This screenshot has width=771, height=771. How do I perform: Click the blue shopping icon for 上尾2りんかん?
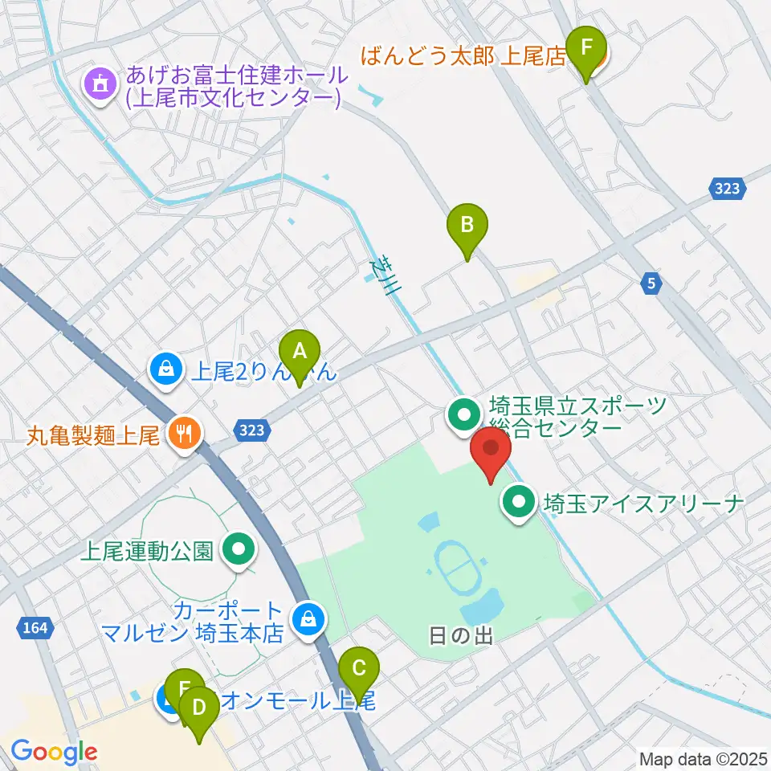click(165, 370)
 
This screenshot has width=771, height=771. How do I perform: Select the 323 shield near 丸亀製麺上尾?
click(251, 430)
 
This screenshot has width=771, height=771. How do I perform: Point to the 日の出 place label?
click(460, 636)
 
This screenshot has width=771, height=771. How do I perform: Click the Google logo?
click(54, 753)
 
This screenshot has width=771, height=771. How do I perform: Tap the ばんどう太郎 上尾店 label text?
click(464, 56)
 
